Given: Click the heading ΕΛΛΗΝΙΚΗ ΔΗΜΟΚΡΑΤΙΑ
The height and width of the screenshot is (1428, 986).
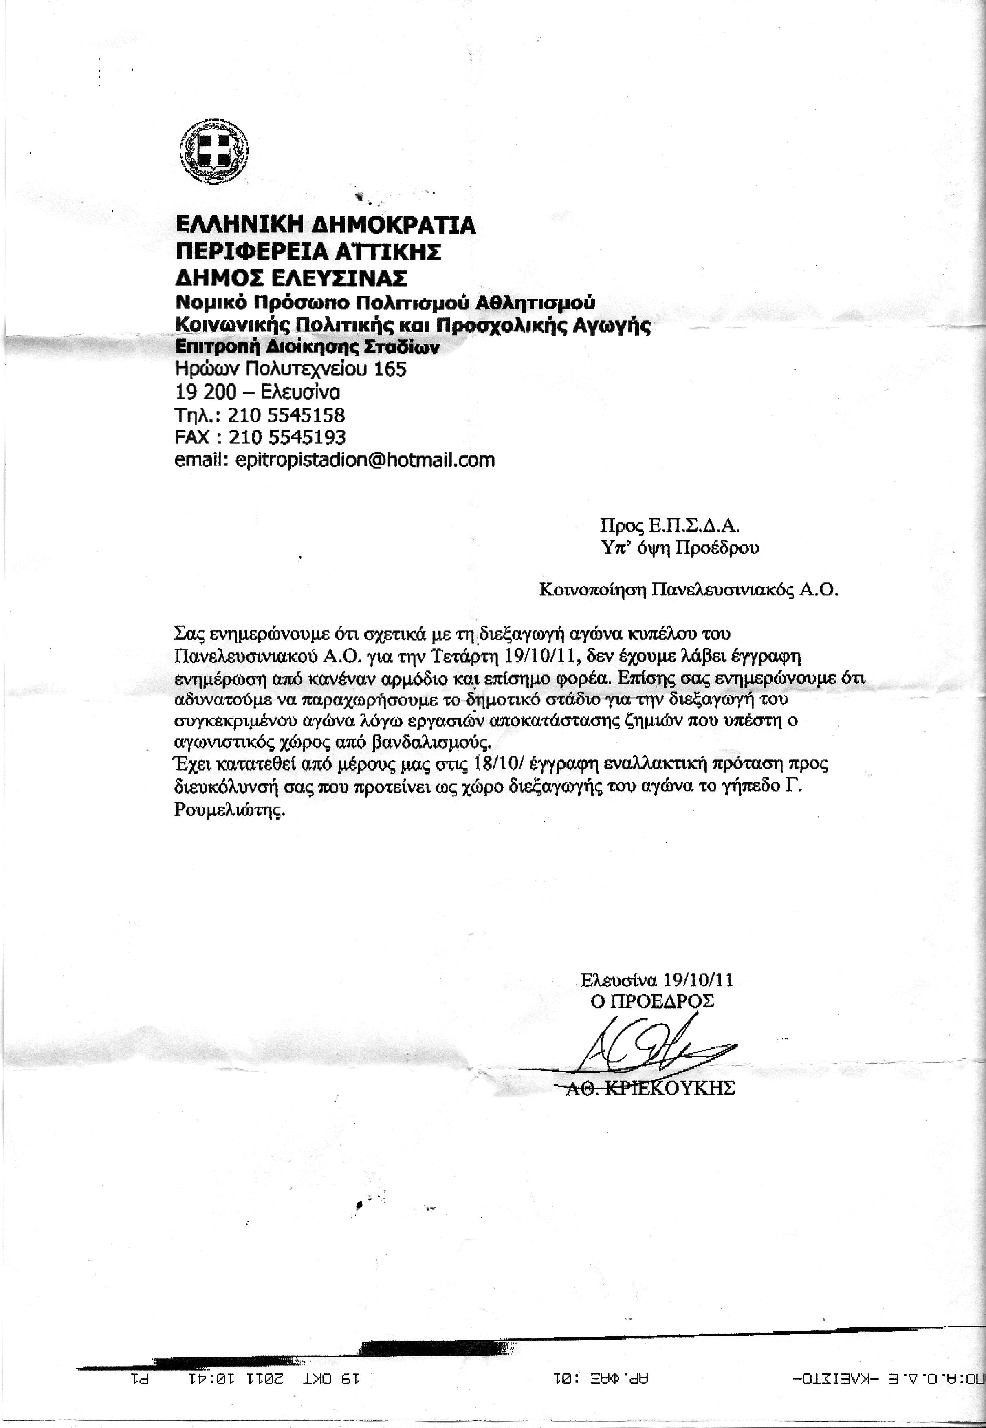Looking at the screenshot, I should tap(326, 224).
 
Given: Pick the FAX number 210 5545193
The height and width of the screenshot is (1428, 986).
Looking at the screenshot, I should tap(287, 437).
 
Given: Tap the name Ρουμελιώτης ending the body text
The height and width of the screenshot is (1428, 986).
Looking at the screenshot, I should tap(229, 810).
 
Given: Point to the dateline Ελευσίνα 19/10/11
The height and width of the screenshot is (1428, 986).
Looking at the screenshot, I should tap(657, 980).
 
